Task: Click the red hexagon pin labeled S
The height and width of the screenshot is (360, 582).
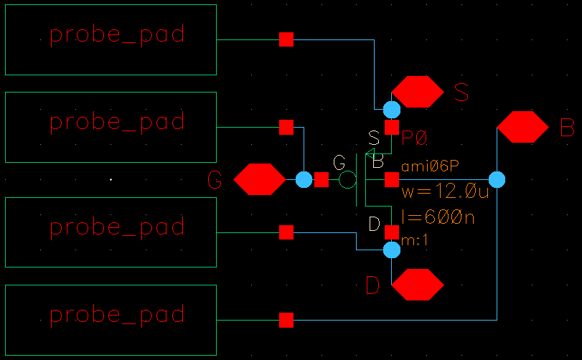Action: [x=418, y=92]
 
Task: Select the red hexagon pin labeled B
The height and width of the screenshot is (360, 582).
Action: [x=522, y=127]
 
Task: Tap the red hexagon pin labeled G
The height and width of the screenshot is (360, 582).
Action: [x=260, y=179]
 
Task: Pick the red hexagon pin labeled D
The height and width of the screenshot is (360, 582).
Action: [x=418, y=285]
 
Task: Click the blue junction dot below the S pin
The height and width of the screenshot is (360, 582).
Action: [x=391, y=110]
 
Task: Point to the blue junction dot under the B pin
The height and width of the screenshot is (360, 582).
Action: [x=497, y=179]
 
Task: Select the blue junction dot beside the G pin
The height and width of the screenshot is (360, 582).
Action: [x=304, y=179]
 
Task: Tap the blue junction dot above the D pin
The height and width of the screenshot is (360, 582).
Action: [x=391, y=250]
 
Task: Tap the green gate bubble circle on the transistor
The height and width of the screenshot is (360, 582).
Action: [x=347, y=179]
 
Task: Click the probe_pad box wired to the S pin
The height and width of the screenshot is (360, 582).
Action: [x=111, y=39]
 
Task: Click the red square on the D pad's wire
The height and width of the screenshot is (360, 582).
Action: [x=286, y=232]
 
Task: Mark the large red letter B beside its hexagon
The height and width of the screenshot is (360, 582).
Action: [x=567, y=128]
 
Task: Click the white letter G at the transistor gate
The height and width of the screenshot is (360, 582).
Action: [x=339, y=162]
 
